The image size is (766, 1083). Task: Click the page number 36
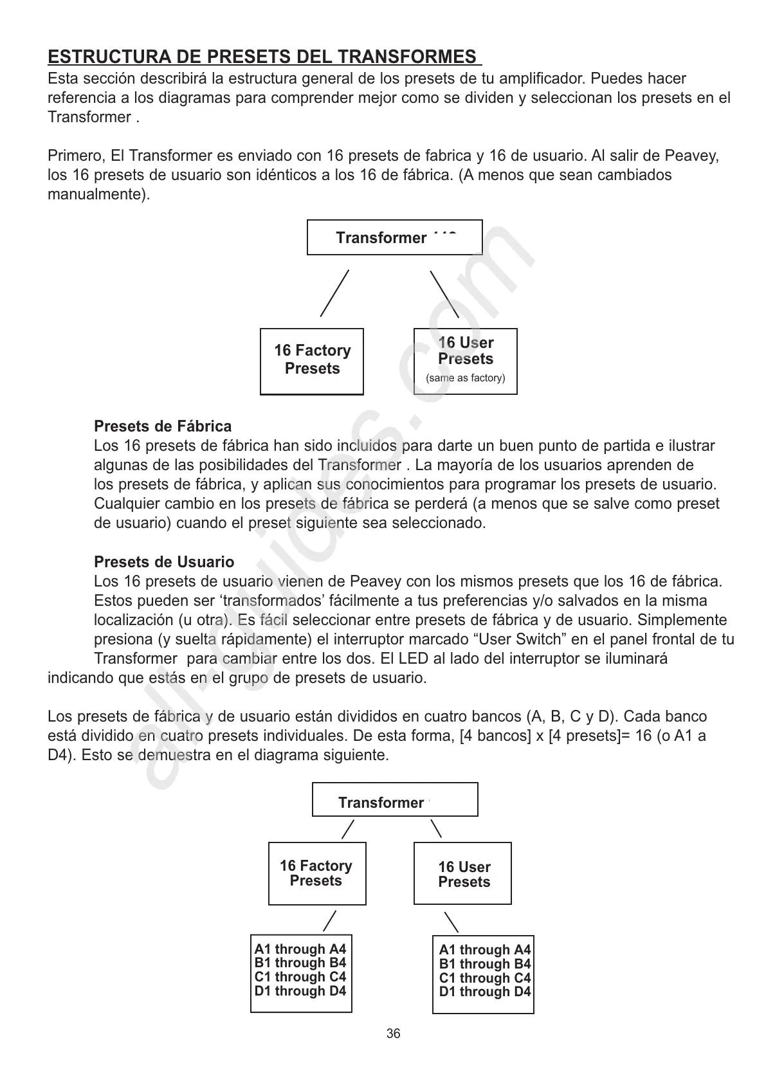coord(393,1033)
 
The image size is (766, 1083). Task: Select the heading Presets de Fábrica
coord(163,426)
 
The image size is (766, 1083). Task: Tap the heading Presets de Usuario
coord(164,562)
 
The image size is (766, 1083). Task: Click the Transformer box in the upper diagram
coord(394,238)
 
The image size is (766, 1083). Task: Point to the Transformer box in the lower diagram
coord(394,800)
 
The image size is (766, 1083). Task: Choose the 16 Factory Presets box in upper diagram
coord(312,361)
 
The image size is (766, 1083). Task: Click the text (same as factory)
coord(465,378)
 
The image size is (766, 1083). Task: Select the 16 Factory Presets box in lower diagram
coord(316,873)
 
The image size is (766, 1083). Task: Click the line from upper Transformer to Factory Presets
coord(334,293)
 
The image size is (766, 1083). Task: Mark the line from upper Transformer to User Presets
coord(444,294)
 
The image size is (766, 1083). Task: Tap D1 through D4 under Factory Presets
coord(300,991)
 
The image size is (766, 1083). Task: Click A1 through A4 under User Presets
coord(485,950)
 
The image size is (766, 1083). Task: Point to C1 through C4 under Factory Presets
coord(300,977)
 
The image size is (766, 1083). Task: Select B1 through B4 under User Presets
coord(485,964)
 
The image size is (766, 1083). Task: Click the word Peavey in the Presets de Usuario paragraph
coord(376,582)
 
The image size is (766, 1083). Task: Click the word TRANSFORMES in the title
coord(412,57)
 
